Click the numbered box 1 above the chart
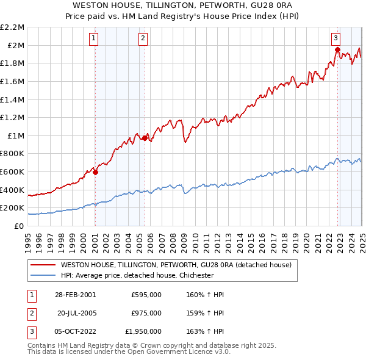(95, 38)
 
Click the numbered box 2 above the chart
(143, 38)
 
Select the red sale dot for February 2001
(96, 172)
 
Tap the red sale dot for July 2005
(145, 138)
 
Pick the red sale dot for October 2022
(337, 49)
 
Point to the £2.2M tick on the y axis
(12, 27)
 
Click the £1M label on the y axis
(16, 135)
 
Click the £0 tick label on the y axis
(19, 226)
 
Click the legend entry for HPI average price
(137, 275)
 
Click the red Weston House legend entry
(176, 265)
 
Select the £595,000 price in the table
(146, 294)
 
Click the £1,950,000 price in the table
(143, 331)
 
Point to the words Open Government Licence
(181, 352)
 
